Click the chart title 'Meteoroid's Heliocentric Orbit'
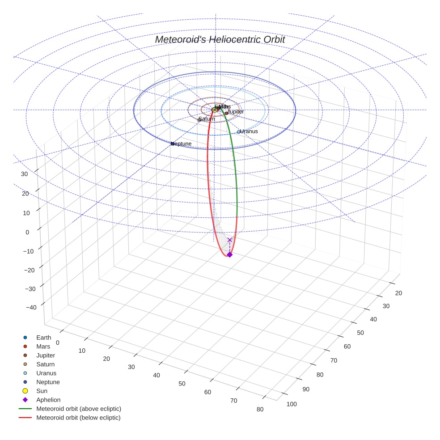[x=220, y=39]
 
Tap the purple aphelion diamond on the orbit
[x=230, y=254]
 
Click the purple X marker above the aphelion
[x=230, y=240]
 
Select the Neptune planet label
[x=182, y=144]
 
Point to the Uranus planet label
[x=249, y=131]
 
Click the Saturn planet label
[x=207, y=119]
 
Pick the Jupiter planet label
[x=235, y=111]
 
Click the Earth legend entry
[x=44, y=338]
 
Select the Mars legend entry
[x=43, y=347]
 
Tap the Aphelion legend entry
[x=48, y=400]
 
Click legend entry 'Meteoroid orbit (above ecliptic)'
[x=79, y=409]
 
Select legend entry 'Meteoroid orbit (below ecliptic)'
[x=78, y=418]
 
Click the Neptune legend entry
[x=48, y=382]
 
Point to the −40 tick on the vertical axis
[x=31, y=307]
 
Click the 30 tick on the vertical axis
[x=25, y=174]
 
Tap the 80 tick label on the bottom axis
[x=260, y=409]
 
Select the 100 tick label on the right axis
[x=292, y=404]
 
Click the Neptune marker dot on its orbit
[x=173, y=144]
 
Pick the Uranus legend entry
[x=46, y=373]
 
